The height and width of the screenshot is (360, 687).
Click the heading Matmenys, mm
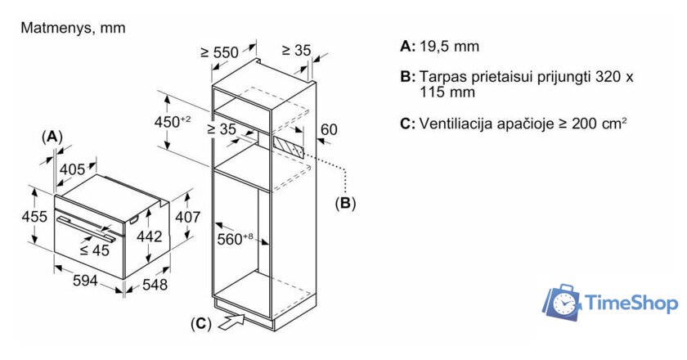point(72,28)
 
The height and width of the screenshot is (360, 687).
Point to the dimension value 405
point(74,169)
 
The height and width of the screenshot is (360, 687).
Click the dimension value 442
point(146,236)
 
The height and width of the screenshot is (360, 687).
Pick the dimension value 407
point(188,217)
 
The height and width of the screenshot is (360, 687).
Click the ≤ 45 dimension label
point(96,250)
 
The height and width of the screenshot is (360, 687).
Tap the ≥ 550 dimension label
point(219,52)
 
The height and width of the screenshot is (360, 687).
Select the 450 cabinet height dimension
point(173,121)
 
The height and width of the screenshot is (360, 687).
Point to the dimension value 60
point(328,128)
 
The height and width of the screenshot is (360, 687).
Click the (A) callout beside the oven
point(52,136)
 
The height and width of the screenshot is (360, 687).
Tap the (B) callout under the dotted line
point(345,203)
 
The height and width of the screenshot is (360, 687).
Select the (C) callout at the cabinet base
point(200,323)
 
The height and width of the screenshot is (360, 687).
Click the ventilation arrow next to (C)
point(233,320)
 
